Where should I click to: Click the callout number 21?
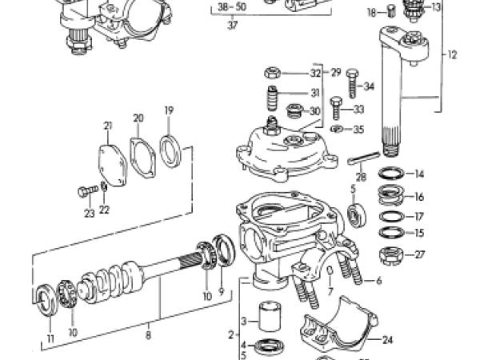108,126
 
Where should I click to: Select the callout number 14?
419,174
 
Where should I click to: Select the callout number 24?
388,340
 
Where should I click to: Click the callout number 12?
453,56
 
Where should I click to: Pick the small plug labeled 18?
392,11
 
